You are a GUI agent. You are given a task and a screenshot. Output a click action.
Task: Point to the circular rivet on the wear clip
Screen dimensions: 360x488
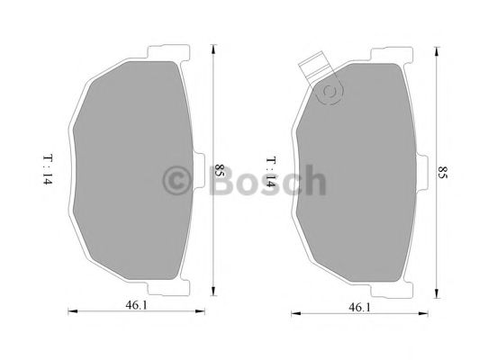(328, 89)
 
